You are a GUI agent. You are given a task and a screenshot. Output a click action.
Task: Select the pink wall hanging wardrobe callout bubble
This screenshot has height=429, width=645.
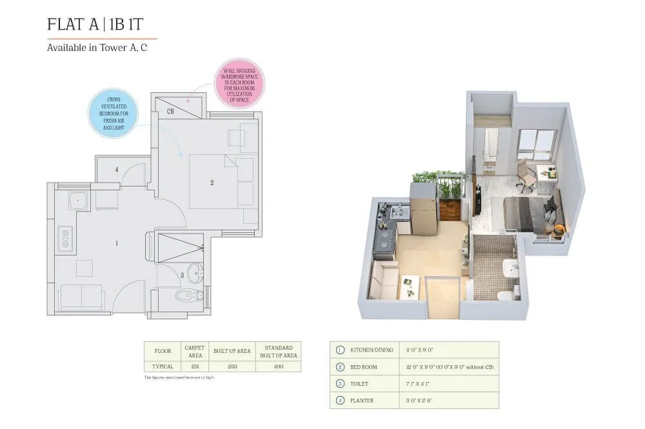(x=239, y=83)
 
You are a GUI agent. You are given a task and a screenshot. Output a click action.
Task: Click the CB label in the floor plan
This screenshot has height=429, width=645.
(x=170, y=111)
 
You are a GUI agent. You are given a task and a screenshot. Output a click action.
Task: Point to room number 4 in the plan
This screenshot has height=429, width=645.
(x=117, y=170)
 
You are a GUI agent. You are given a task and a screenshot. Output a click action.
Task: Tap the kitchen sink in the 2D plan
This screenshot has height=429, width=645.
(x=79, y=201)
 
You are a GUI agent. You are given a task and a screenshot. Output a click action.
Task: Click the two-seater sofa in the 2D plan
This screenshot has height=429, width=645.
(x=81, y=295)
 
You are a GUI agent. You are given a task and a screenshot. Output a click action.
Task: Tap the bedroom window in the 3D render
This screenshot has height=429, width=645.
(x=537, y=145)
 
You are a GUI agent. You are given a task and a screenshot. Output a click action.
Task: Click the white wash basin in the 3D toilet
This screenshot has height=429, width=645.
(x=511, y=267)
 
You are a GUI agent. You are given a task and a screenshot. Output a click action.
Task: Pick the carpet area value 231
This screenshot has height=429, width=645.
(x=195, y=366)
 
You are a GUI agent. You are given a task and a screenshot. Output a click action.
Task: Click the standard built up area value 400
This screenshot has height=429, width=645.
(x=278, y=366)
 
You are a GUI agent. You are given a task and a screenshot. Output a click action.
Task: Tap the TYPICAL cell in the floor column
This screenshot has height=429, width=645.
(x=163, y=366)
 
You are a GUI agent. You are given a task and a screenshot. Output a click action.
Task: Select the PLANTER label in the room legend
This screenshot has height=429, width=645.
(x=362, y=400)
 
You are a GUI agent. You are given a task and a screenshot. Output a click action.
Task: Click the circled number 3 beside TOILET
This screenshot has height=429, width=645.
(x=340, y=383)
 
